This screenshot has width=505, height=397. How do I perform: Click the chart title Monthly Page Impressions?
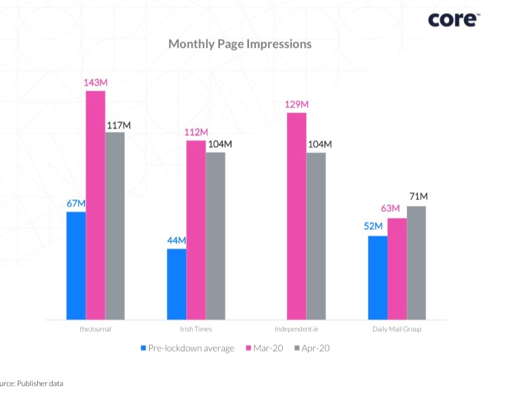tap(240, 44)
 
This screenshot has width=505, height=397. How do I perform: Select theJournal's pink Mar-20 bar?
tap(95, 205)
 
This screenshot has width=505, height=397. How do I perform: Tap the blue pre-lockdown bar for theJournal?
tap(76, 266)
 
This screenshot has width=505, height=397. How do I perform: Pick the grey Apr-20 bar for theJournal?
tap(114, 226)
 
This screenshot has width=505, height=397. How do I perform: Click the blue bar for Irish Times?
tap(176, 285)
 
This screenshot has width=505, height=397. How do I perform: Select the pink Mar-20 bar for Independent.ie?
tap(296, 216)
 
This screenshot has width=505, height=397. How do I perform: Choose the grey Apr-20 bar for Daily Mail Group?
tap(416, 263)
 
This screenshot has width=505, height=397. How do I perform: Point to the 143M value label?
tap(96, 83)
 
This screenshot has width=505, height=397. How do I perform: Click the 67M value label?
tap(76, 203)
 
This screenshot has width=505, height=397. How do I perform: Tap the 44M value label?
tap(176, 240)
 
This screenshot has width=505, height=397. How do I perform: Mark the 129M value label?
tap(296, 104)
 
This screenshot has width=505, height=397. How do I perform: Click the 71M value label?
tap(418, 197)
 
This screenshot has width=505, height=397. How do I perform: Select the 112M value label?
tap(196, 132)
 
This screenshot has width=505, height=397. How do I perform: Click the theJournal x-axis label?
tap(96, 329)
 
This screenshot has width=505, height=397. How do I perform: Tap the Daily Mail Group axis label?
tap(396, 329)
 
